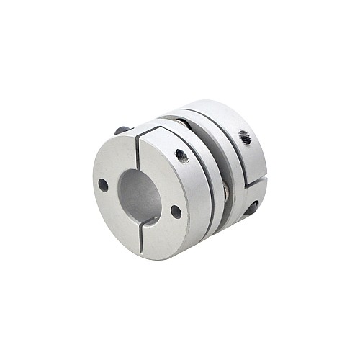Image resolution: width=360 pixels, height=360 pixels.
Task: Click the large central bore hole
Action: (139, 193)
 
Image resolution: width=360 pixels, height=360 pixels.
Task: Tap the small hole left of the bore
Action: (104, 185)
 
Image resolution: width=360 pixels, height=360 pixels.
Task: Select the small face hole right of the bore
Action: (176, 212)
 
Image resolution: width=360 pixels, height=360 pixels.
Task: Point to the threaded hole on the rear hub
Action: (245, 137)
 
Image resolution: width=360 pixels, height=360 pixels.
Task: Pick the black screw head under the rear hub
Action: (251, 210)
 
